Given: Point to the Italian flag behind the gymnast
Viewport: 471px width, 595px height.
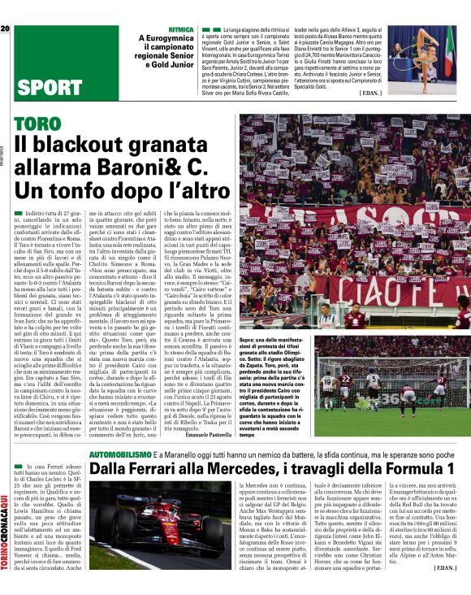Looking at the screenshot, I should click(x=448, y=49).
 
